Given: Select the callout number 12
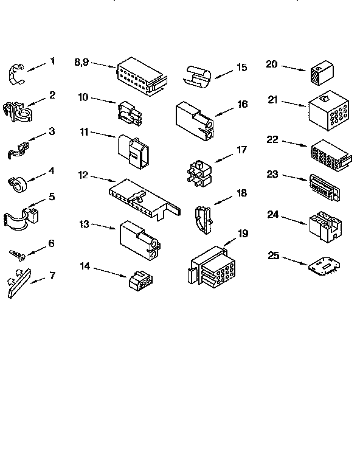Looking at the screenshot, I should coord(84,175).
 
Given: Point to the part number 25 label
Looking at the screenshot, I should coord(274,256).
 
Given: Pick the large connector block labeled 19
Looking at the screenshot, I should coord(211,265).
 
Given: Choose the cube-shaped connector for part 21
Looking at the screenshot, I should coord(328,112).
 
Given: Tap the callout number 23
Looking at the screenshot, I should coord(272,174).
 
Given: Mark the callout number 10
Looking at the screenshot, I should coord(83,97).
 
